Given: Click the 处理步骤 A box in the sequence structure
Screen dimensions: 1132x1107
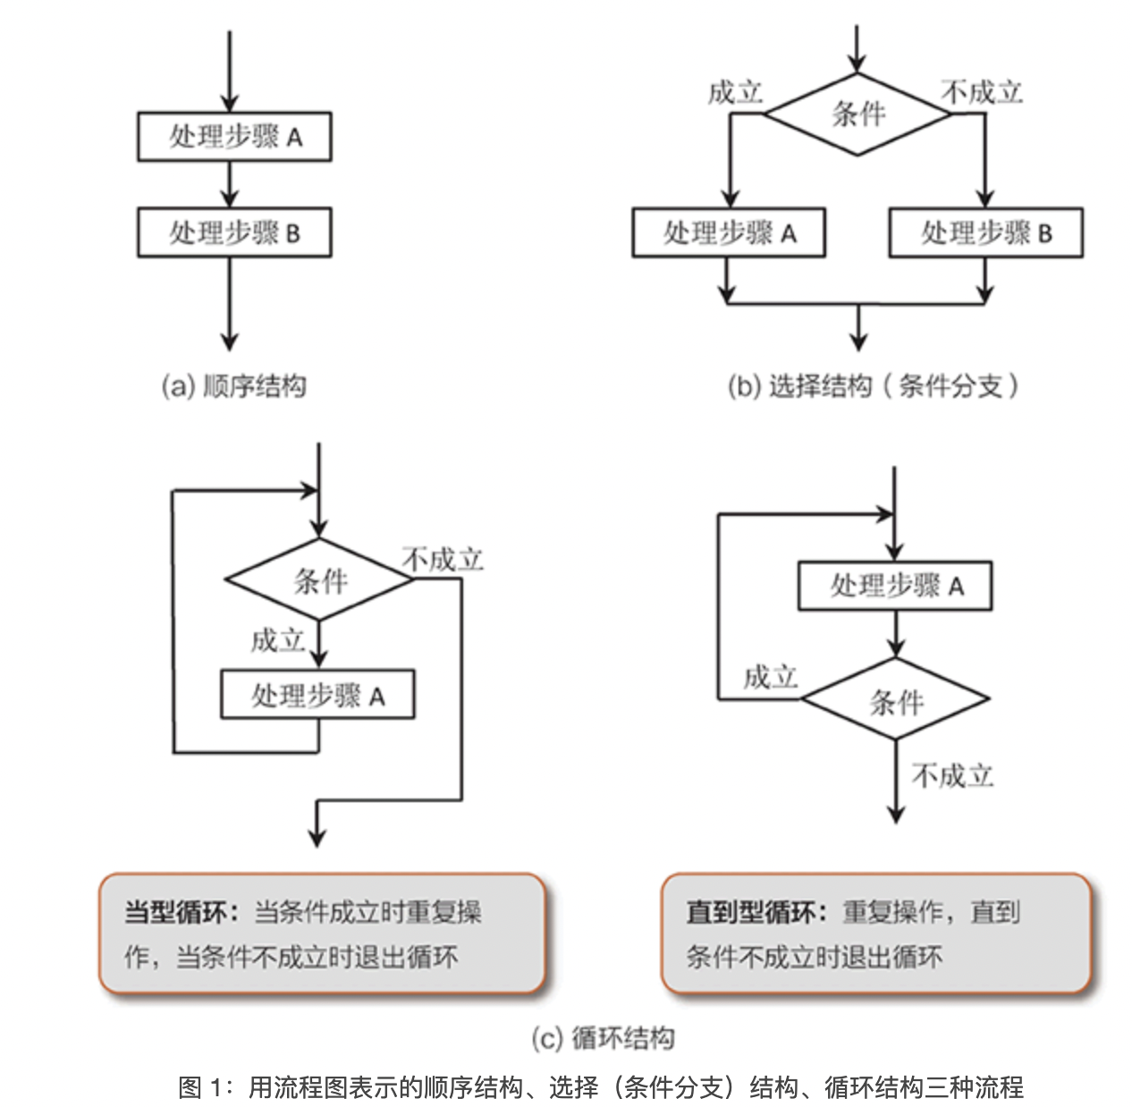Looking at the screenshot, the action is [234, 137].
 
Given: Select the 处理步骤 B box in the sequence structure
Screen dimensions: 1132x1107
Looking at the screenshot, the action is [234, 232].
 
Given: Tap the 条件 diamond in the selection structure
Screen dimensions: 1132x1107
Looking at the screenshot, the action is [857, 114].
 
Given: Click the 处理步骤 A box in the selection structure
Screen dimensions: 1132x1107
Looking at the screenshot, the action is [729, 232].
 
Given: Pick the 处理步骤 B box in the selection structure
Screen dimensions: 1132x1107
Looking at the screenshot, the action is [986, 232].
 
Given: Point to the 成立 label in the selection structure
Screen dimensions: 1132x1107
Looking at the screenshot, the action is [735, 93].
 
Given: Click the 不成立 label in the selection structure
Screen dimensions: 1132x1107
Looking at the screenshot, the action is [982, 92].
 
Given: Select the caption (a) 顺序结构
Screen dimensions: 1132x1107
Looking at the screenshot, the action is [234, 386].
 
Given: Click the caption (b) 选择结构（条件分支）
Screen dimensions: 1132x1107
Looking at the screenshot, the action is [873, 386].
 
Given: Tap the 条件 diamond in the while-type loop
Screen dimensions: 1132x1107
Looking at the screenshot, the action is [319, 579].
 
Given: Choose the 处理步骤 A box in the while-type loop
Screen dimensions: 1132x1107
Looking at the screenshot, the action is [317, 695].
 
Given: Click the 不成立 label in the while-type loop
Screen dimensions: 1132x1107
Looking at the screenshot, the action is [443, 560].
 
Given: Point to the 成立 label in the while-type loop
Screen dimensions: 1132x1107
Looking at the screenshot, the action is [277, 641].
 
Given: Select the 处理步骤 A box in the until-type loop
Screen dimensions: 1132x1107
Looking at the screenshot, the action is [895, 585].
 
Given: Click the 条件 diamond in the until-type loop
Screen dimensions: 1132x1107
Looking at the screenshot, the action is [896, 699].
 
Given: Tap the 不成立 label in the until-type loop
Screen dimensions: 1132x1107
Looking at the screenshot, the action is [952, 776].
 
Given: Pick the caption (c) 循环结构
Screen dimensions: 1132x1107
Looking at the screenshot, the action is [603, 1038].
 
